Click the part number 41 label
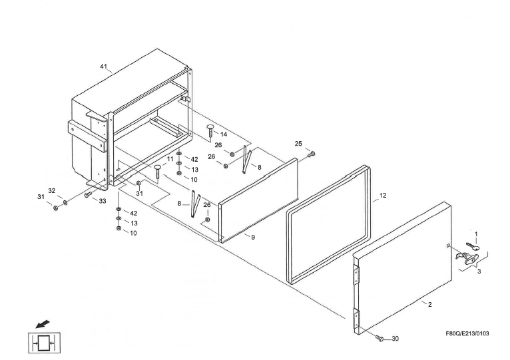coord(103,67)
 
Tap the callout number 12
coord(383,196)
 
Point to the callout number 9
coord(253,237)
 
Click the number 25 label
coord(298,144)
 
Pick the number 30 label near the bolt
coord(395,339)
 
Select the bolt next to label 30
coord(380,339)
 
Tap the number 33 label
coord(103,200)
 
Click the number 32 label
coord(51,190)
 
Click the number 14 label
coord(224,134)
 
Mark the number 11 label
coord(170,160)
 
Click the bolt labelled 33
coord(88,194)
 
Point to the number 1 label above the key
coord(476,233)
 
